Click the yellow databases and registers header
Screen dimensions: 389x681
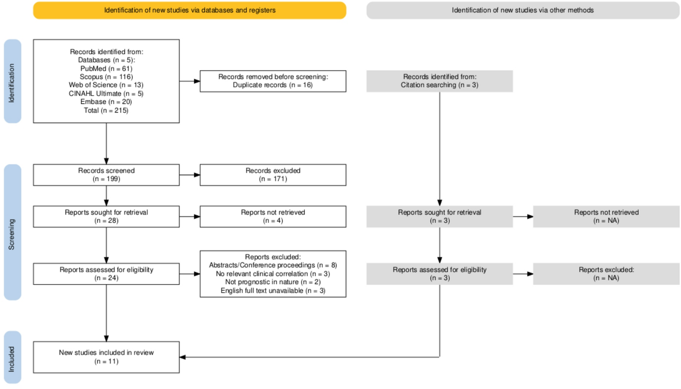189,10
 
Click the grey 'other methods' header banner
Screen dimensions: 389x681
522,10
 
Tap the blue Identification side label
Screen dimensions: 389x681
12,82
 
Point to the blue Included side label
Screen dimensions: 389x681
12,358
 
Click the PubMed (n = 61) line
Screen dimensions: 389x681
106,69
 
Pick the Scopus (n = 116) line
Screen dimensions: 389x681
106,77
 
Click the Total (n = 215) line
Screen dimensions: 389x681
106,110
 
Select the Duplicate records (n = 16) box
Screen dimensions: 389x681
273,81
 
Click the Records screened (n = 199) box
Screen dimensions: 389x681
106,175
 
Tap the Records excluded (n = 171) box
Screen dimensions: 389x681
273,175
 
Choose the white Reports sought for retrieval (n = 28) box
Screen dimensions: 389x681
106,217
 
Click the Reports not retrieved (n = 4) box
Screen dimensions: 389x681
273,217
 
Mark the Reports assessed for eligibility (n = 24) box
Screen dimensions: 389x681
106,274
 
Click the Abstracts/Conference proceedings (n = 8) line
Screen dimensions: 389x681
273,265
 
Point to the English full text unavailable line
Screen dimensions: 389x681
273,291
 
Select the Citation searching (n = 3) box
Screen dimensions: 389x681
440,81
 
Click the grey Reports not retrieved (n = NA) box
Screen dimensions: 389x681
606,217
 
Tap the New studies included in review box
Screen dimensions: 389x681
106,357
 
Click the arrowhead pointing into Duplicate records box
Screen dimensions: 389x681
197,81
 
